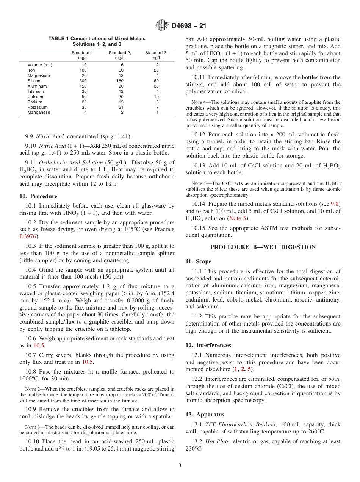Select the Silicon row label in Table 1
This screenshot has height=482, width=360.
[34, 81]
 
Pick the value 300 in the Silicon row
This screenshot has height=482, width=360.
[83, 81]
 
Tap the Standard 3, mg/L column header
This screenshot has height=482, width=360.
[156, 55]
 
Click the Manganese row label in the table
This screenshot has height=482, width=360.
[39, 113]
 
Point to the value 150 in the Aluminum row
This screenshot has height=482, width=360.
[83, 86]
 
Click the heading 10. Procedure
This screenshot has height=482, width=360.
[38, 196]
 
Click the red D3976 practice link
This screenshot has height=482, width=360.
[28, 236]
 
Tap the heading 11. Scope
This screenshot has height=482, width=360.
[198, 261]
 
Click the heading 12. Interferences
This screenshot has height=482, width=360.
[208, 345]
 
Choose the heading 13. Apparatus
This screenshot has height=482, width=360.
[205, 415]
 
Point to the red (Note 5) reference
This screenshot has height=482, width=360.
[238, 218]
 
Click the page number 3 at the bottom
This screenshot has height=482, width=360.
[180, 466]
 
